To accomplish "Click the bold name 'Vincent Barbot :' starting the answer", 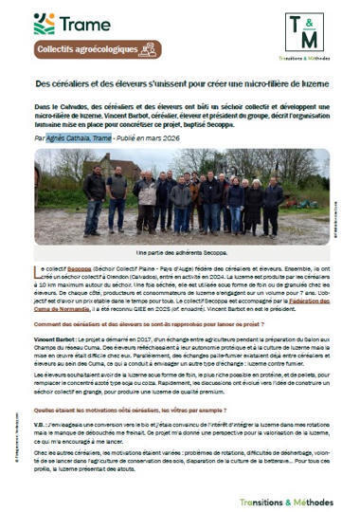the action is coord(57,338).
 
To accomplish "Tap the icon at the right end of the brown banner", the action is coord(146,50).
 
